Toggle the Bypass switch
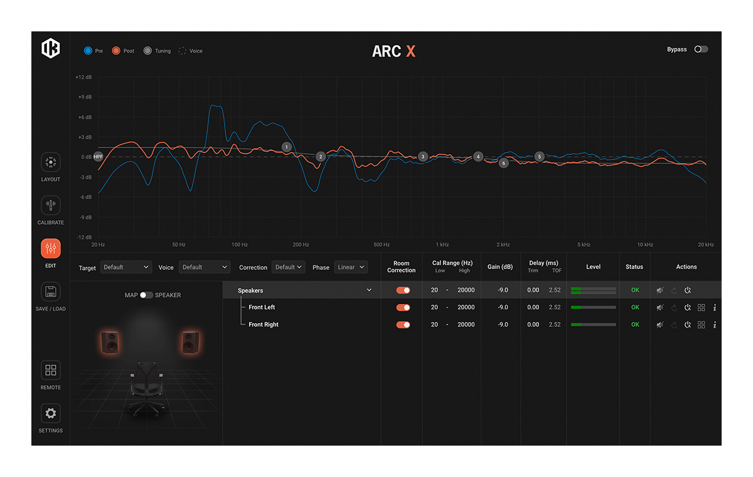[701, 50]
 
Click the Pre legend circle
[88, 51]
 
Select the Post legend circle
[116, 51]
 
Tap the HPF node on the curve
[98, 157]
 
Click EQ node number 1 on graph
[286, 147]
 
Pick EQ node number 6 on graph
[503, 163]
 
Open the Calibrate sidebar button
[51, 205]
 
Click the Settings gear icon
[51, 413]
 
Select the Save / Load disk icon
[51, 291]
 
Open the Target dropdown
[126, 267]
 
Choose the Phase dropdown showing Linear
[351, 267]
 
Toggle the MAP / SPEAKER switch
[146, 295]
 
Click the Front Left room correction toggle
[403, 308]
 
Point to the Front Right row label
[264, 324]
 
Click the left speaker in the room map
[110, 342]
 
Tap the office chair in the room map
[147, 389]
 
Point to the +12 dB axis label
[83, 77]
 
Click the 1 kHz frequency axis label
[442, 244]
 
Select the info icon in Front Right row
[715, 324]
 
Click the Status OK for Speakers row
[635, 290]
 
